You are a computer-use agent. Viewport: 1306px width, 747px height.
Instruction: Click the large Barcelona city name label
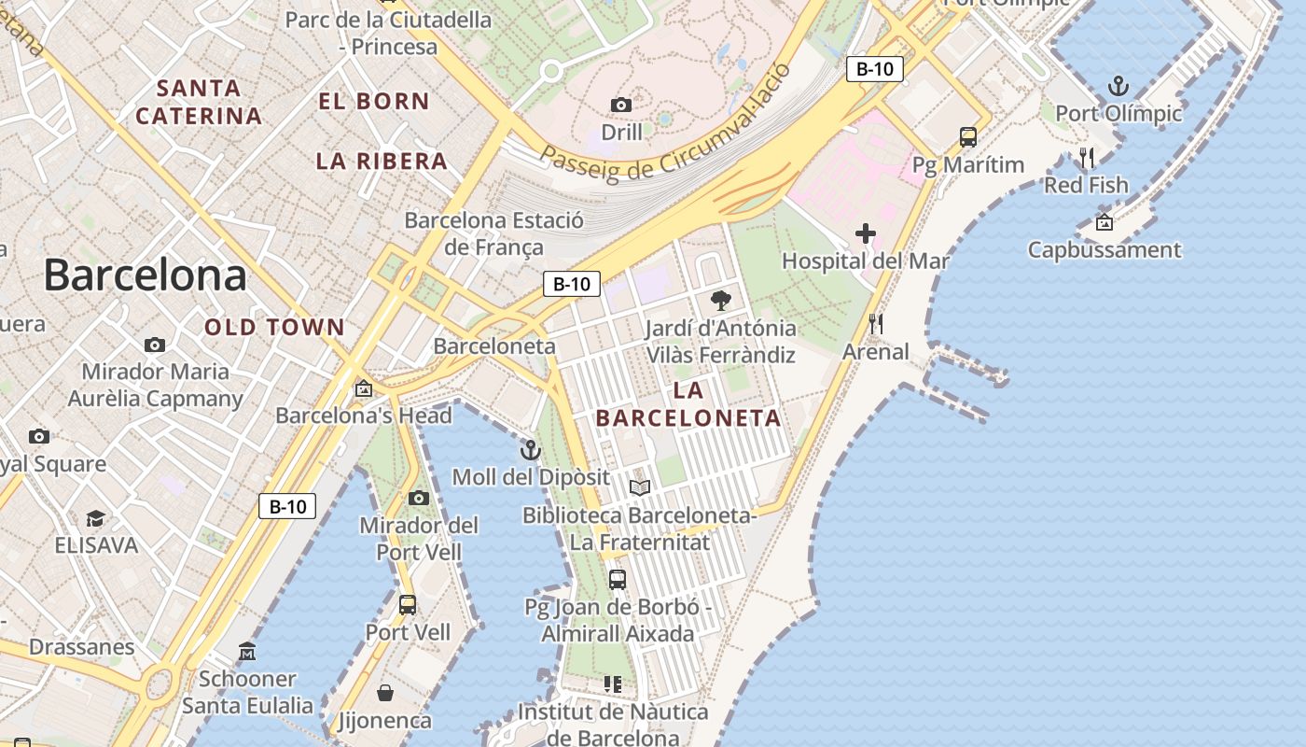pyautogui.click(x=146, y=275)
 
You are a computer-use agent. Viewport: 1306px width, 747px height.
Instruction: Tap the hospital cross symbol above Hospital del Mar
pyautogui.click(x=866, y=233)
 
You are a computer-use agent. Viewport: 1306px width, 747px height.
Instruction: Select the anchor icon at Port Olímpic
pyautogui.click(x=1118, y=87)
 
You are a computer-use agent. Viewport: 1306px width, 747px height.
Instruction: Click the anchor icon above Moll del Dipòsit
pyautogui.click(x=530, y=450)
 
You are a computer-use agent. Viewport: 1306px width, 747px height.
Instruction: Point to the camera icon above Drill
pyautogui.click(x=620, y=105)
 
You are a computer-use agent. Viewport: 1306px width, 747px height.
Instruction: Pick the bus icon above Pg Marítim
pyautogui.click(x=968, y=137)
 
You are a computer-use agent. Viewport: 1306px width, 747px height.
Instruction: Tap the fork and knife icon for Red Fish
pyautogui.click(x=1086, y=157)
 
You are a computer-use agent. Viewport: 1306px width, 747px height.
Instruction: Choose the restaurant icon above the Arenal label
pyautogui.click(x=875, y=324)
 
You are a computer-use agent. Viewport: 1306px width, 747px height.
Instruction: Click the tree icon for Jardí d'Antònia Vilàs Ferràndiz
pyautogui.click(x=720, y=301)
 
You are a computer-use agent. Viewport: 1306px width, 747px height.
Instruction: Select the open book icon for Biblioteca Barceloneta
pyautogui.click(x=639, y=487)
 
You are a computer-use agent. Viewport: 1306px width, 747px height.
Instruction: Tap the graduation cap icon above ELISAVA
pyautogui.click(x=95, y=518)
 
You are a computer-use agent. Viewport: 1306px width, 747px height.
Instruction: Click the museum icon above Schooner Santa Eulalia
pyautogui.click(x=247, y=651)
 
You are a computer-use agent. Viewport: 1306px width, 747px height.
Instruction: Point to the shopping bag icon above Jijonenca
pyautogui.click(x=384, y=693)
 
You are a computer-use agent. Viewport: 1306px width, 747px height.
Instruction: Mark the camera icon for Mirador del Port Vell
pyautogui.click(x=419, y=498)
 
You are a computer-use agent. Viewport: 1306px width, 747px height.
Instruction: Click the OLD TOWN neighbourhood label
pyautogui.click(x=275, y=328)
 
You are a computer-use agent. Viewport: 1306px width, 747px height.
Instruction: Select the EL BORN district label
pyautogui.click(x=374, y=101)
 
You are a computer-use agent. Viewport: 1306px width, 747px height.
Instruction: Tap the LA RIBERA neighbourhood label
pyautogui.click(x=382, y=161)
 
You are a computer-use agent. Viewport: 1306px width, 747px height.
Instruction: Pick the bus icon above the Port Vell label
pyautogui.click(x=408, y=604)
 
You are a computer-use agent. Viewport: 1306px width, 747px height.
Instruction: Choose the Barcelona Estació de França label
pyautogui.click(x=493, y=233)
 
